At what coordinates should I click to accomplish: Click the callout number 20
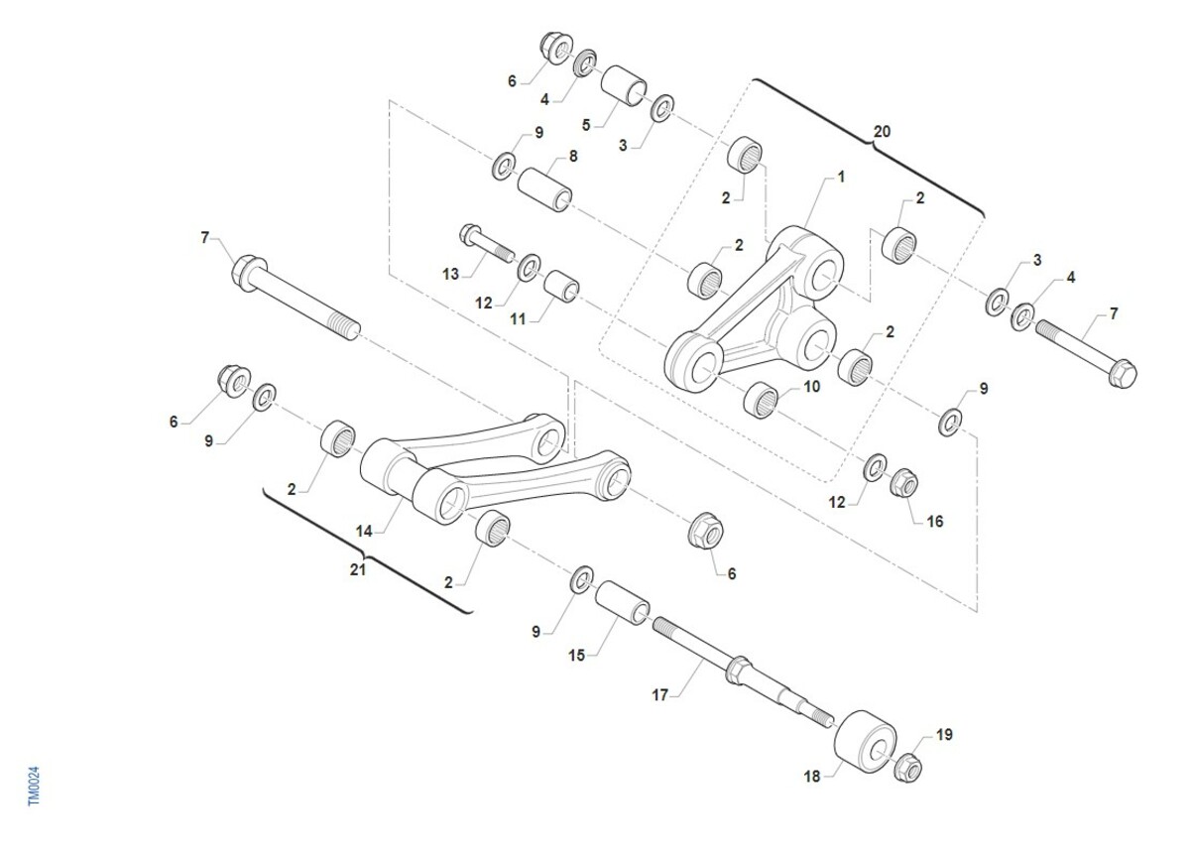pyautogui.click(x=882, y=131)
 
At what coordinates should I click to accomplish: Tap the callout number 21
pyautogui.click(x=358, y=569)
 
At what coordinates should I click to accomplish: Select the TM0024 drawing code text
pyautogui.click(x=34, y=786)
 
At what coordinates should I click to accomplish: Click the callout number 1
pyautogui.click(x=841, y=177)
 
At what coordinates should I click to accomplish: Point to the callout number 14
pyautogui.click(x=364, y=531)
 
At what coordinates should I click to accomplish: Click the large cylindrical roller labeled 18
pyautogui.click(x=865, y=742)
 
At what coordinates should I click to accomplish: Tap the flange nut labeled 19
pyautogui.click(x=907, y=769)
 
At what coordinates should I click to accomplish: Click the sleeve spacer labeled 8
pyautogui.click(x=545, y=189)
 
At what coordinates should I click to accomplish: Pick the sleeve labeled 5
pyautogui.click(x=624, y=85)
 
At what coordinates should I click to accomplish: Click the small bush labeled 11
pyautogui.click(x=561, y=286)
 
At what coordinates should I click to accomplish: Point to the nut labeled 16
pyautogui.click(x=903, y=483)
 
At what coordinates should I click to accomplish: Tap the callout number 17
pyautogui.click(x=659, y=695)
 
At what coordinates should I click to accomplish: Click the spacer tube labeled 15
pyautogui.click(x=622, y=602)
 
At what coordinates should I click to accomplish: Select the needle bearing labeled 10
pyautogui.click(x=761, y=400)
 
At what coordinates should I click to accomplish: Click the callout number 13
pyautogui.click(x=450, y=274)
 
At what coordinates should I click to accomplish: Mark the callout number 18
pyautogui.click(x=812, y=777)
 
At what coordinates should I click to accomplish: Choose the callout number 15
pyautogui.click(x=576, y=656)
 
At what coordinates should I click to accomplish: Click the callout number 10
pyautogui.click(x=812, y=386)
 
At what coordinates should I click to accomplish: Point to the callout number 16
pyautogui.click(x=935, y=521)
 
